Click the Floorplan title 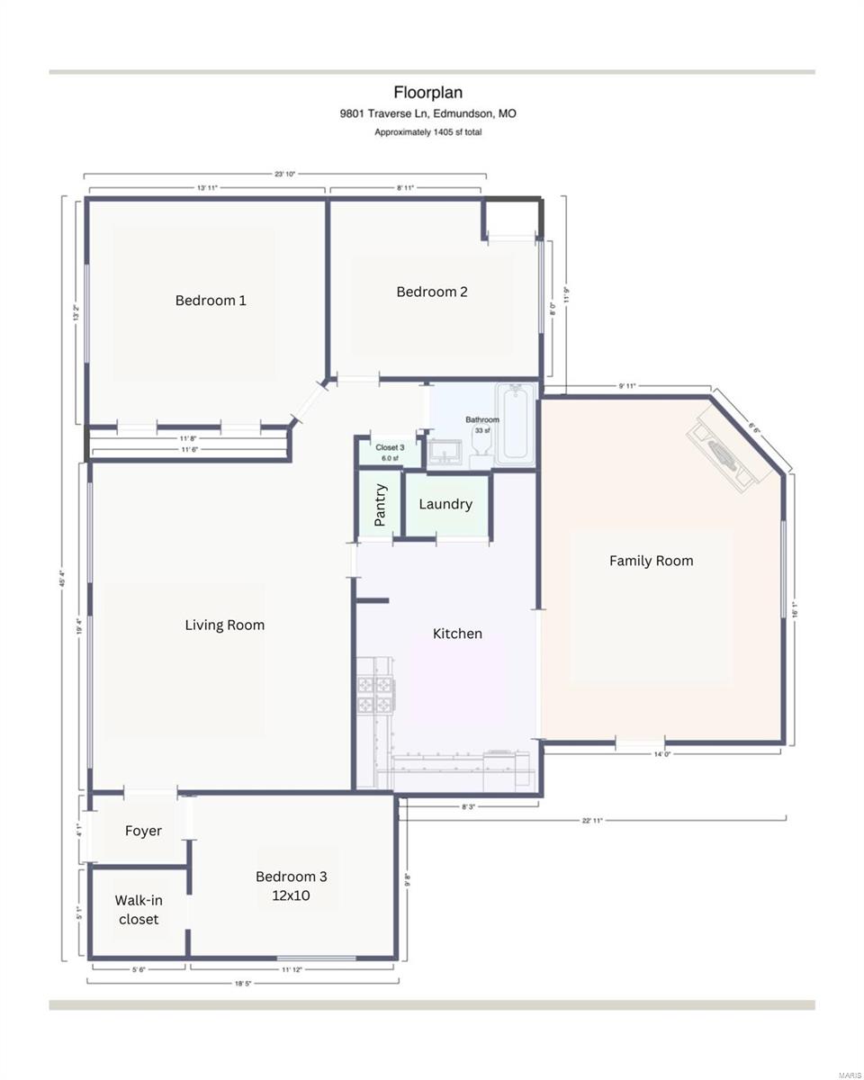click(427, 92)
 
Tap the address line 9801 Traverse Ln click(427, 113)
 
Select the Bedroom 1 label click(211, 301)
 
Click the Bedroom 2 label click(432, 292)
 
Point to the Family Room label click(651, 561)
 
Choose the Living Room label click(225, 625)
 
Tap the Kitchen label click(457, 634)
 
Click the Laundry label click(445, 504)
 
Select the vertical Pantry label click(380, 505)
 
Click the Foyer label click(143, 831)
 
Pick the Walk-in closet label click(139, 909)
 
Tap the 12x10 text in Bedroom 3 click(292, 895)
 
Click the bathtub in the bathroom click(516, 424)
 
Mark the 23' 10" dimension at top click(285, 174)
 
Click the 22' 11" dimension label click(592, 820)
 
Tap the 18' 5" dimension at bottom click(242, 984)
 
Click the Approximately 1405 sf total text click(427, 132)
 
